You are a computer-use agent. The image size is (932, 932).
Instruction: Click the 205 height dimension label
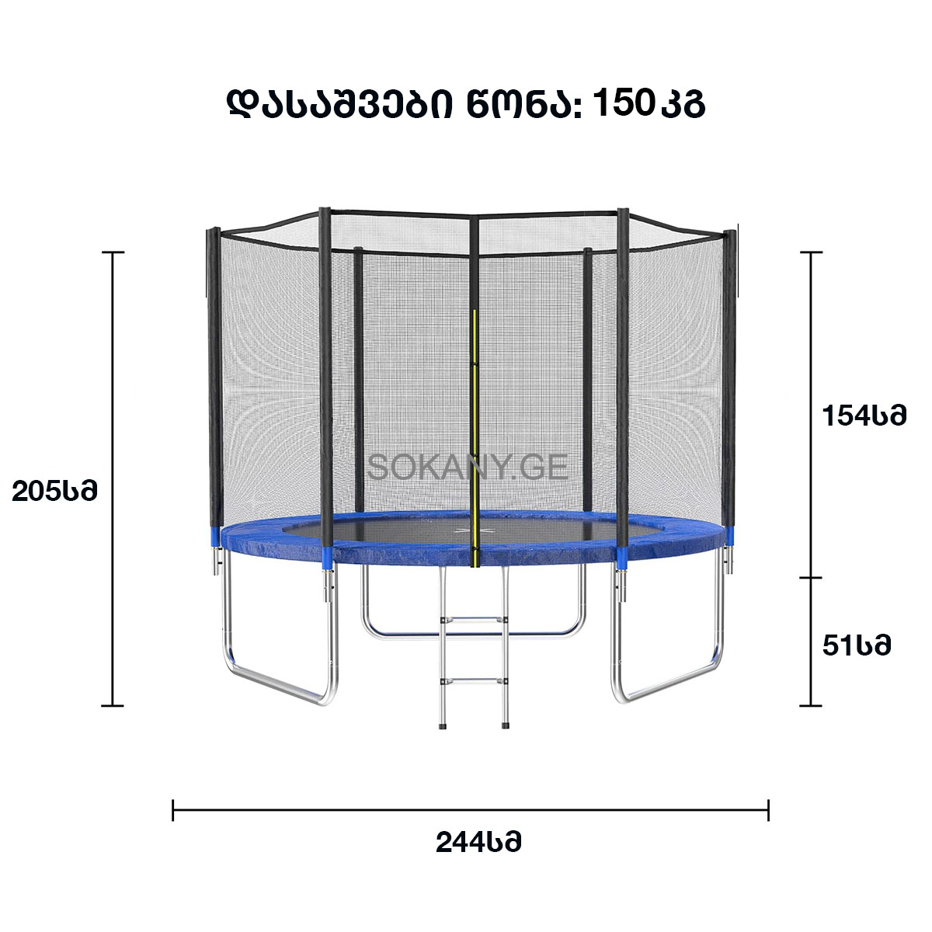click(54, 492)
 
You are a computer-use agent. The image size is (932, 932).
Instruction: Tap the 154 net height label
click(864, 416)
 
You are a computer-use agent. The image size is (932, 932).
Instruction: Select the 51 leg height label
click(857, 645)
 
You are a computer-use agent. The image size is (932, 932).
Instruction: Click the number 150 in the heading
click(623, 103)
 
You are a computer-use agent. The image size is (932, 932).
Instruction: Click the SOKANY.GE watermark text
click(468, 467)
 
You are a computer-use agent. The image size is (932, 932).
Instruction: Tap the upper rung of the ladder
click(474, 620)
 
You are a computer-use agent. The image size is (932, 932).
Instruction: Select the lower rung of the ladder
click(474, 681)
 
